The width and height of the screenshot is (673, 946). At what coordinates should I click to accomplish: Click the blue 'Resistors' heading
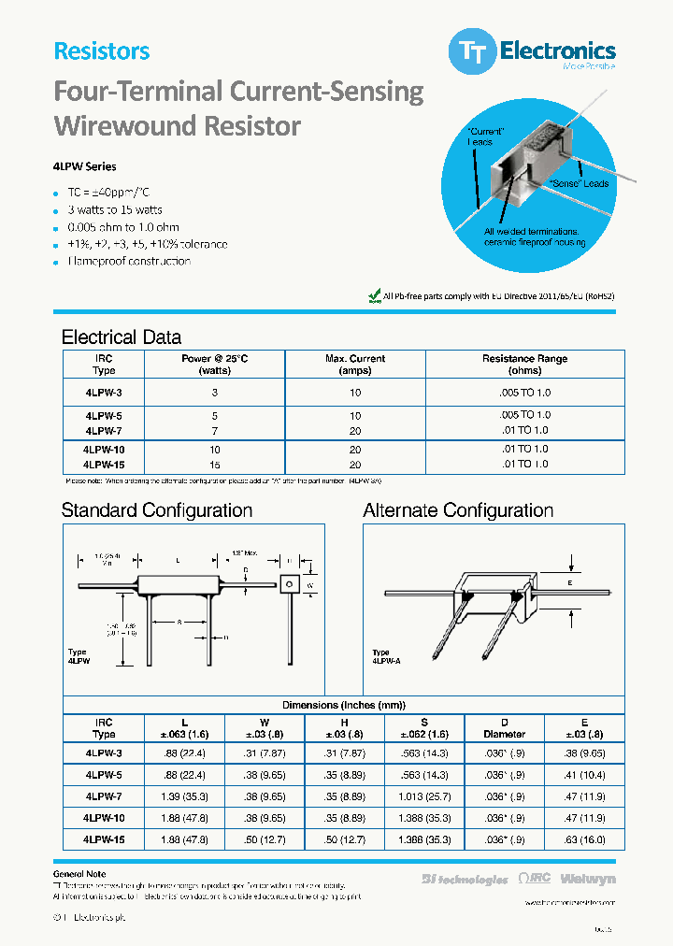[x=102, y=51]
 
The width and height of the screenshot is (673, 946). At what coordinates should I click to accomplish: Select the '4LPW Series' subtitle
[x=85, y=166]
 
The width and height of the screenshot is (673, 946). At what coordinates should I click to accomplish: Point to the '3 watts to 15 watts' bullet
[x=114, y=209]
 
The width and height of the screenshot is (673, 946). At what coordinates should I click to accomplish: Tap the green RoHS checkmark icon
[x=375, y=295]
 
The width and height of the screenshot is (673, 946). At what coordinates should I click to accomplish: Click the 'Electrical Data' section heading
[x=122, y=337]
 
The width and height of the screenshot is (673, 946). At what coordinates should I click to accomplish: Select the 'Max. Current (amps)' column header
[x=354, y=365]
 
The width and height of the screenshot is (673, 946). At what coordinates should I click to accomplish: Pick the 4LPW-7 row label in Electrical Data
[x=103, y=431]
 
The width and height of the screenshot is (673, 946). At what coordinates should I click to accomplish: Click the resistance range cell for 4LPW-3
[x=524, y=393]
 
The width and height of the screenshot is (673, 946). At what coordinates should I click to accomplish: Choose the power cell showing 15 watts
[x=215, y=465]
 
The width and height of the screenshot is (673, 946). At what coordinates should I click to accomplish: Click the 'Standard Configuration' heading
[x=157, y=510]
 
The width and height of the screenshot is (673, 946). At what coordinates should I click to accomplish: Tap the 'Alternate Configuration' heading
[x=458, y=510]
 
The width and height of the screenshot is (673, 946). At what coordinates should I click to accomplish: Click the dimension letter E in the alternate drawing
[x=569, y=581]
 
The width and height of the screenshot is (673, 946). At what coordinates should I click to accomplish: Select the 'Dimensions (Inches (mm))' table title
[x=344, y=705]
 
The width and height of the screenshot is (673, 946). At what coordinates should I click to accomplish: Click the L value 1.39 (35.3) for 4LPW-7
[x=183, y=796]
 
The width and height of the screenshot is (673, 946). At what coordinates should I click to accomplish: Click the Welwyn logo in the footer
[x=589, y=880]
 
